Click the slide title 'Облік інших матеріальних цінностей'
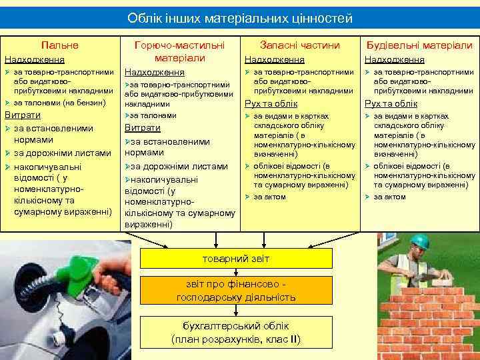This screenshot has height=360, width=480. pyautogui.click(x=240, y=18)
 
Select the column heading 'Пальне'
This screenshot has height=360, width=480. pyautogui.click(x=59, y=45)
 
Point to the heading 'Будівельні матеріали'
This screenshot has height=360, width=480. pyautogui.click(x=419, y=45)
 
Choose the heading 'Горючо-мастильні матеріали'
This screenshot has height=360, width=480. pyautogui.click(x=179, y=51)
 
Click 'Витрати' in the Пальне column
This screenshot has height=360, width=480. pyautogui.click(x=23, y=115)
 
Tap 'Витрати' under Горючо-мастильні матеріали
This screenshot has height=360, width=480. pyautogui.click(x=143, y=128)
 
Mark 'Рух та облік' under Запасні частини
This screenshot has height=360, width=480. pyautogui.click(x=271, y=103)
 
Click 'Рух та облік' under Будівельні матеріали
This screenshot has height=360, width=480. pyautogui.click(x=391, y=103)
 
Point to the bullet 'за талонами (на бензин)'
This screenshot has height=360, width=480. pyautogui.click(x=59, y=102)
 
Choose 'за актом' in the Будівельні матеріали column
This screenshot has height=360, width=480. pyautogui.click(x=389, y=197)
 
